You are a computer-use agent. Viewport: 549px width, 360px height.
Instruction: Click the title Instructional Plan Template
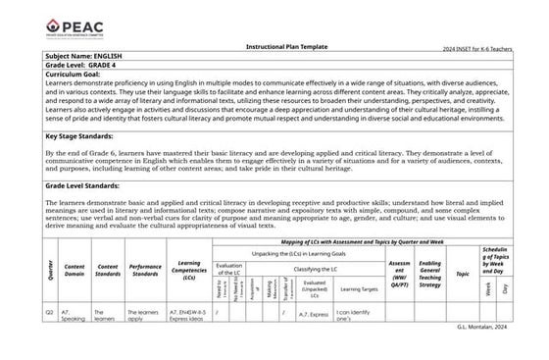point(278,45)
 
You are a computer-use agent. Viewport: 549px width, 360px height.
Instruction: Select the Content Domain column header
point(75,268)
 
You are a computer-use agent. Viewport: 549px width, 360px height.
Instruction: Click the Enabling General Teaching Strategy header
point(429,268)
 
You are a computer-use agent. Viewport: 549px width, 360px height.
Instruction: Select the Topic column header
point(462,275)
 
